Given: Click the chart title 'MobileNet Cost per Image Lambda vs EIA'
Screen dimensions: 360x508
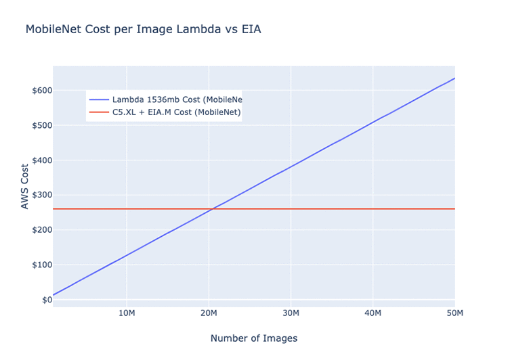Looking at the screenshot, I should coord(143,30).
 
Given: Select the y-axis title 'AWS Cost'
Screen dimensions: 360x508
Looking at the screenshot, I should coord(25,185).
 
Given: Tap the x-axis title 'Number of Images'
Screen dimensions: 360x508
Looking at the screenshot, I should coord(253,338).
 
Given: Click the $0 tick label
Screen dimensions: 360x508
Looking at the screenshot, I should coord(43,300).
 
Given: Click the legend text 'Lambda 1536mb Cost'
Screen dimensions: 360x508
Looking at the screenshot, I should coord(177,99).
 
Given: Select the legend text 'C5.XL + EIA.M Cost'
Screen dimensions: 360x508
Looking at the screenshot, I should coord(176,112).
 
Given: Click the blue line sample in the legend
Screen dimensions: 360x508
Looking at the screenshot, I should coord(99,99).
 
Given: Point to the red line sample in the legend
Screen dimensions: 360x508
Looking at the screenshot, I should coord(99,112).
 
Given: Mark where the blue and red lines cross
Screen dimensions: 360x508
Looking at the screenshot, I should coord(212,208).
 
